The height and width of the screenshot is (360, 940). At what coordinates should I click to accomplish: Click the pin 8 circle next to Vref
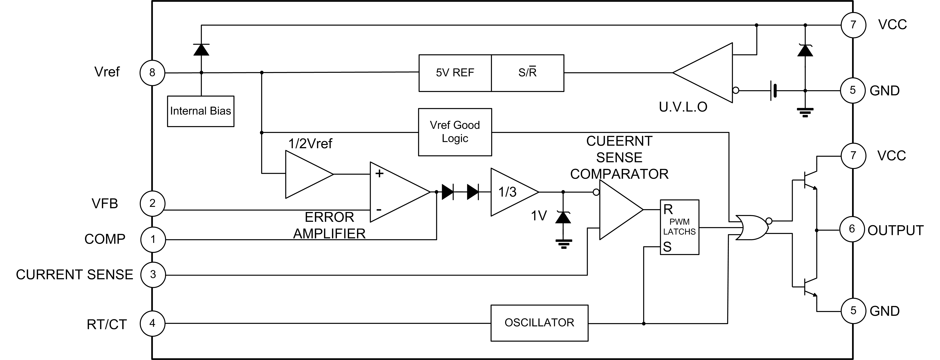152,73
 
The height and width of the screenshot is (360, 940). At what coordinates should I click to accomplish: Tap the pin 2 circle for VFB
152,203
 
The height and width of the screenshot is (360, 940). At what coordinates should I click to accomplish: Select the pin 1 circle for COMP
153,239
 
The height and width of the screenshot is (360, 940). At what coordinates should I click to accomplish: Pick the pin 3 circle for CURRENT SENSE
153,275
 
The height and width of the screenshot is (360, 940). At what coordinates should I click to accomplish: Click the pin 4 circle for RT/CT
152,323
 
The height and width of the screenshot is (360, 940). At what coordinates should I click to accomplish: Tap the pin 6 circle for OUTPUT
852,229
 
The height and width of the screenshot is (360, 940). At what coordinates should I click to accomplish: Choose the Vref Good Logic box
455,132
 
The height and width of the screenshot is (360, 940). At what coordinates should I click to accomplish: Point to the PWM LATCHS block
679,227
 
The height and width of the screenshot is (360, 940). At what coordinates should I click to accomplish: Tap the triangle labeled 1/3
511,192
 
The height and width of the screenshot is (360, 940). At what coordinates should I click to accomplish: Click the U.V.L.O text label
683,107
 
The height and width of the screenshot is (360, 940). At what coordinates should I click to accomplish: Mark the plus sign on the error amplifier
380,174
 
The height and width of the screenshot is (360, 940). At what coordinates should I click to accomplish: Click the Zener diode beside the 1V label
563,217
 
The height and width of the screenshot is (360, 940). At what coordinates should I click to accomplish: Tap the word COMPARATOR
619,174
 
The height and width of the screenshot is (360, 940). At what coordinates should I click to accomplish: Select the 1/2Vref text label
310,144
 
